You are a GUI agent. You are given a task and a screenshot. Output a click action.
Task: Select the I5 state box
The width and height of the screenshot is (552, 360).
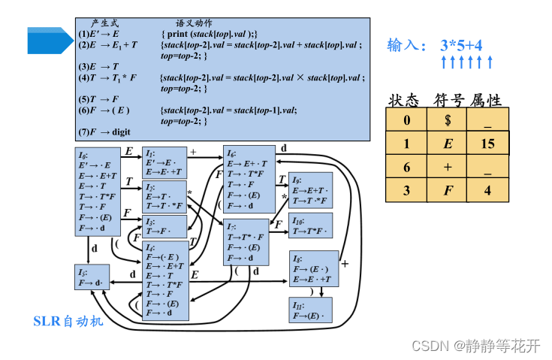(x=92, y=277)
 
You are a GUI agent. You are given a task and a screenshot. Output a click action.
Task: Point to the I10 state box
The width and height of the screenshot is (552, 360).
(x=310, y=225)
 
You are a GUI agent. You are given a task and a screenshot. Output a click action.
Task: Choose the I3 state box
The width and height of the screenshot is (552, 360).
(x=164, y=225)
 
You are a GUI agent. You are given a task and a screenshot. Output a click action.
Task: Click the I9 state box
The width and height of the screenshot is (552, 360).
(x=310, y=191)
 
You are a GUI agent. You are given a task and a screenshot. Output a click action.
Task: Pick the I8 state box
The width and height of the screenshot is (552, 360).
(x=314, y=268)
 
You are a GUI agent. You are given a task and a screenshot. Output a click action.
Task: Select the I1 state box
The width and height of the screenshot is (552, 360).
(x=164, y=162)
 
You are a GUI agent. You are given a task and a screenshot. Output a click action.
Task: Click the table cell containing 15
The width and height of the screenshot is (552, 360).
(x=487, y=143)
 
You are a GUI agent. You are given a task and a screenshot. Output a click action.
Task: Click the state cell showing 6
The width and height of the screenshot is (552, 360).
(x=406, y=167)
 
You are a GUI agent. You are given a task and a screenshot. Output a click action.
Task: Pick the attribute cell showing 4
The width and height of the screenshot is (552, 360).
(x=487, y=190)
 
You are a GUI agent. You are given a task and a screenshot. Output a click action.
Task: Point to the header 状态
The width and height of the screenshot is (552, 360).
(x=405, y=100)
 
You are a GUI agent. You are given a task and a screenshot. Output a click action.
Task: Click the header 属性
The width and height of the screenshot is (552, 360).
(x=486, y=100)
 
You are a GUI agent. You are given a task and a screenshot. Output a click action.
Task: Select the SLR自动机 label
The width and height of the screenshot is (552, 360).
(x=68, y=322)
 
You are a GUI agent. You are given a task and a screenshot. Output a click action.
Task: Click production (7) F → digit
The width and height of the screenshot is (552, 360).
(x=104, y=132)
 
